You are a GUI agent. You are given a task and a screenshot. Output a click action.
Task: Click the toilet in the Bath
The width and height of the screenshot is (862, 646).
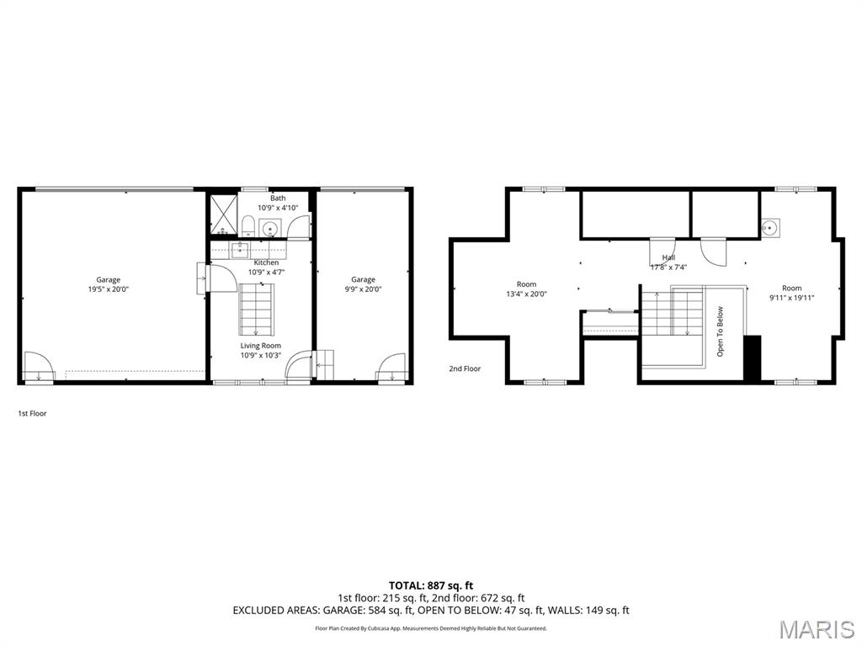pyautogui.click(x=248, y=225)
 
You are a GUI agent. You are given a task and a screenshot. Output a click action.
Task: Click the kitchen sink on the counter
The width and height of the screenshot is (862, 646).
pyautogui.click(x=240, y=248)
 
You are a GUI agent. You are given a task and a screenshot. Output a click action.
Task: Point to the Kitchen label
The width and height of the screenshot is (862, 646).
pyautogui.click(x=266, y=262)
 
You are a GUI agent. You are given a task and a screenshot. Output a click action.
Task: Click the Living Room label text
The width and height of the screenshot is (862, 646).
pyautogui.click(x=260, y=346)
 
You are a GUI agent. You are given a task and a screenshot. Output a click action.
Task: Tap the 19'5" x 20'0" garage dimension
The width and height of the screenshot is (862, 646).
pyautogui.click(x=108, y=289)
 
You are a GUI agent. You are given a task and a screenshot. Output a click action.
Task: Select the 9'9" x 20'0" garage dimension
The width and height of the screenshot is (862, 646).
pyautogui.click(x=363, y=289)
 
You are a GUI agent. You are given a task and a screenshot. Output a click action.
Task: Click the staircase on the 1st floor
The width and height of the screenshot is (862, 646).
pyautogui.click(x=256, y=309)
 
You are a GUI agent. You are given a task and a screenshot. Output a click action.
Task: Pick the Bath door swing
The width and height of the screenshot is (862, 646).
pyautogui.click(x=299, y=228)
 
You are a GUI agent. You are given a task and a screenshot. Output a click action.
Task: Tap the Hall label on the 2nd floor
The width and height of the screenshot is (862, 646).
pyautogui.click(x=668, y=258)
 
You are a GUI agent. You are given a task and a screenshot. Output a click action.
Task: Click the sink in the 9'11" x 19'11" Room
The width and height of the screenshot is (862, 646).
pyautogui.click(x=769, y=227)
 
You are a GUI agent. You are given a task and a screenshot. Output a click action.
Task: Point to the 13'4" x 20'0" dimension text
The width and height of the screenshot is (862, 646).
pyautogui.click(x=526, y=294)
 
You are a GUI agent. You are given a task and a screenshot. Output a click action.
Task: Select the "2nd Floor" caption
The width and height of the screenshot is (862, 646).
pyautogui.click(x=465, y=368)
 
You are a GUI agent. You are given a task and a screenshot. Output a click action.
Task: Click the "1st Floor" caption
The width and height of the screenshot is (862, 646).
pyautogui.click(x=32, y=414)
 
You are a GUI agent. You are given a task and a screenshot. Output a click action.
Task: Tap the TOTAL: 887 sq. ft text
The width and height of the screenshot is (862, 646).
pyautogui.click(x=430, y=585)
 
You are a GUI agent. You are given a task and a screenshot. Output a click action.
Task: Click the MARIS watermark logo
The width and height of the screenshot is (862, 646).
pyautogui.click(x=816, y=629)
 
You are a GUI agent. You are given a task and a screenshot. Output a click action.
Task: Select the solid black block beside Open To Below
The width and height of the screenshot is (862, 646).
pyautogui.click(x=752, y=357)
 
